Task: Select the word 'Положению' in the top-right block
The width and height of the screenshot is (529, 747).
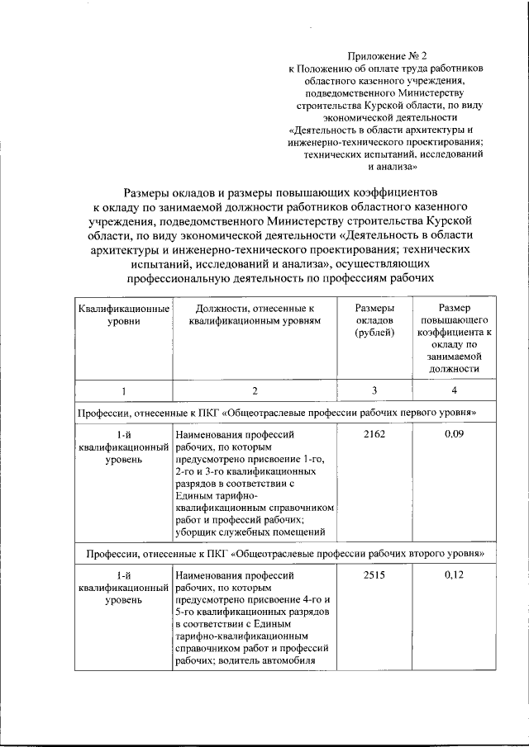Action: [x=326, y=69]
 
